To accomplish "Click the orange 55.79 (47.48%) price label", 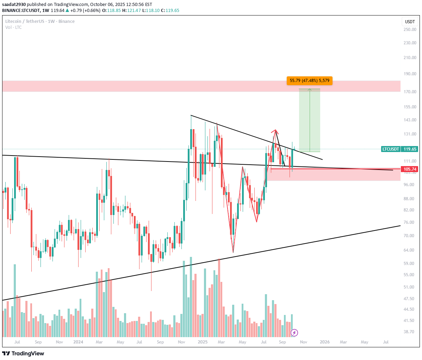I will point(309,81).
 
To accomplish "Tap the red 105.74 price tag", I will point(410,169).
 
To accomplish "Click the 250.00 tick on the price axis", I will point(410,30).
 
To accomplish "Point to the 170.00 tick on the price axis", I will point(410,92).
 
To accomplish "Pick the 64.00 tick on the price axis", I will point(410,250).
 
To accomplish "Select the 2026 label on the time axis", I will point(324,342).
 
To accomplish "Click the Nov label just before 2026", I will point(303,342).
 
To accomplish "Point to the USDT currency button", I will point(410,21).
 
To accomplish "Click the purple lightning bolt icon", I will point(294,333).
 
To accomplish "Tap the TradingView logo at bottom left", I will point(23,353).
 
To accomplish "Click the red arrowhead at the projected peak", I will point(275,131).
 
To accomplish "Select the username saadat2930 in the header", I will point(14,4).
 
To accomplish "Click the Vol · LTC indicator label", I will point(13,27).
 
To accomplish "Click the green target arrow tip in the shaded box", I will point(310,89).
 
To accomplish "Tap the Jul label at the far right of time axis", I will point(386,342).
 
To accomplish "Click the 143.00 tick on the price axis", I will point(410,120).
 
